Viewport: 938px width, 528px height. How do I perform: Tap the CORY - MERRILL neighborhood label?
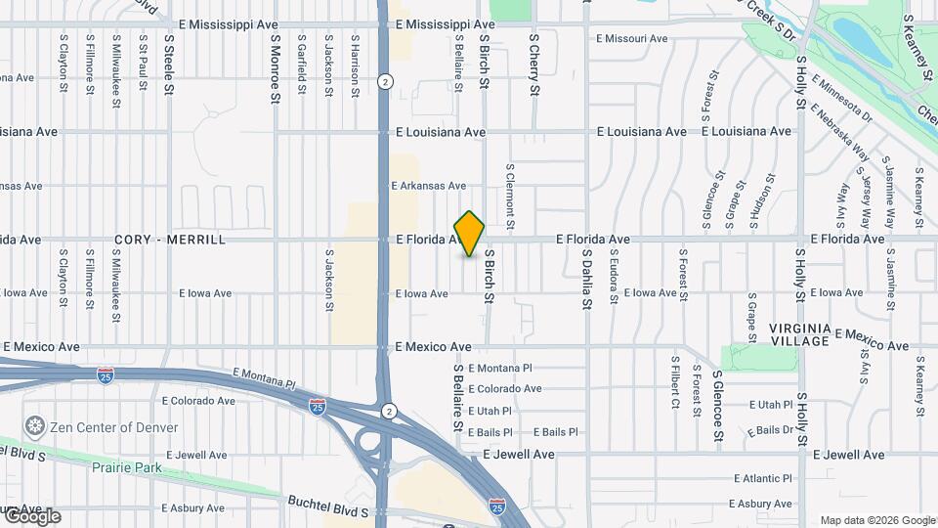coord(170,240)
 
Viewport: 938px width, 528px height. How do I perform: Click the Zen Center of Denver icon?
coord(35,427)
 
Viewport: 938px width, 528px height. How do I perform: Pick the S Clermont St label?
coord(510,191)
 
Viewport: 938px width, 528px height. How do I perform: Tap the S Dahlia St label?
coord(588,279)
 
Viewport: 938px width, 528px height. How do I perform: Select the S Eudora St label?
coord(614,279)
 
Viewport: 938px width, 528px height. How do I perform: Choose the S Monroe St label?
coord(276,68)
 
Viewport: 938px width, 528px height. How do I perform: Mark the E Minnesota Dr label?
coord(840,102)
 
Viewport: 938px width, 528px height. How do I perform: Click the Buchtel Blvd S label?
coord(327,506)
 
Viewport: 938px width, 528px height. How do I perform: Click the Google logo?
coord(32,516)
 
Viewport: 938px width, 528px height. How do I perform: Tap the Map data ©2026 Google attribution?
coord(877,520)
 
